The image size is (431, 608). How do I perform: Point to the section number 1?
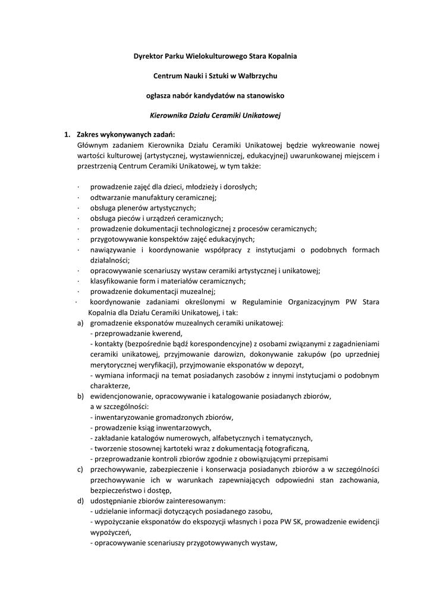(68, 134)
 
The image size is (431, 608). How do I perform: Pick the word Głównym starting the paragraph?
(94, 144)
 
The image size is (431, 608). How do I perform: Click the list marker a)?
(80, 323)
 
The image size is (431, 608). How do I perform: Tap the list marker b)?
(80, 396)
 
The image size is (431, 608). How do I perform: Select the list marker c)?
(80, 469)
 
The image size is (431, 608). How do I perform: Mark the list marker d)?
(80, 501)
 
